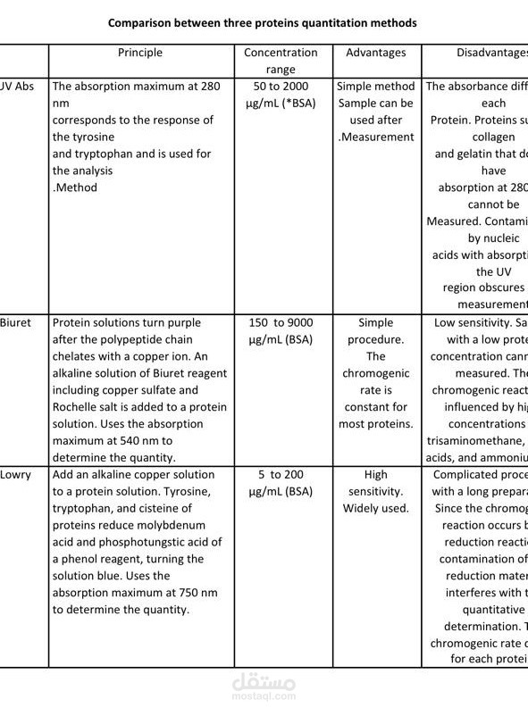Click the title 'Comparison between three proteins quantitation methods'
click(x=263, y=21)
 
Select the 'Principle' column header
click(x=140, y=53)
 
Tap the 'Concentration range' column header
click(x=281, y=61)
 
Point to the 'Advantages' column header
click(x=375, y=53)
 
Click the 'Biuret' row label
click(x=15, y=322)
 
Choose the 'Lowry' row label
click(x=15, y=474)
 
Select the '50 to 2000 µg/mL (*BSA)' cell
click(x=281, y=95)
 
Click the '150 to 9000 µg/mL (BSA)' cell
click(x=281, y=331)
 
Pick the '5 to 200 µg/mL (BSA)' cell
click(x=281, y=483)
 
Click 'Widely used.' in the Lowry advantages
click(x=375, y=508)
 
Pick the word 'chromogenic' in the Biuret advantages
click(x=375, y=373)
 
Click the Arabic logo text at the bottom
click(x=264, y=682)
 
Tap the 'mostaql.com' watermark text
click(x=264, y=702)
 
